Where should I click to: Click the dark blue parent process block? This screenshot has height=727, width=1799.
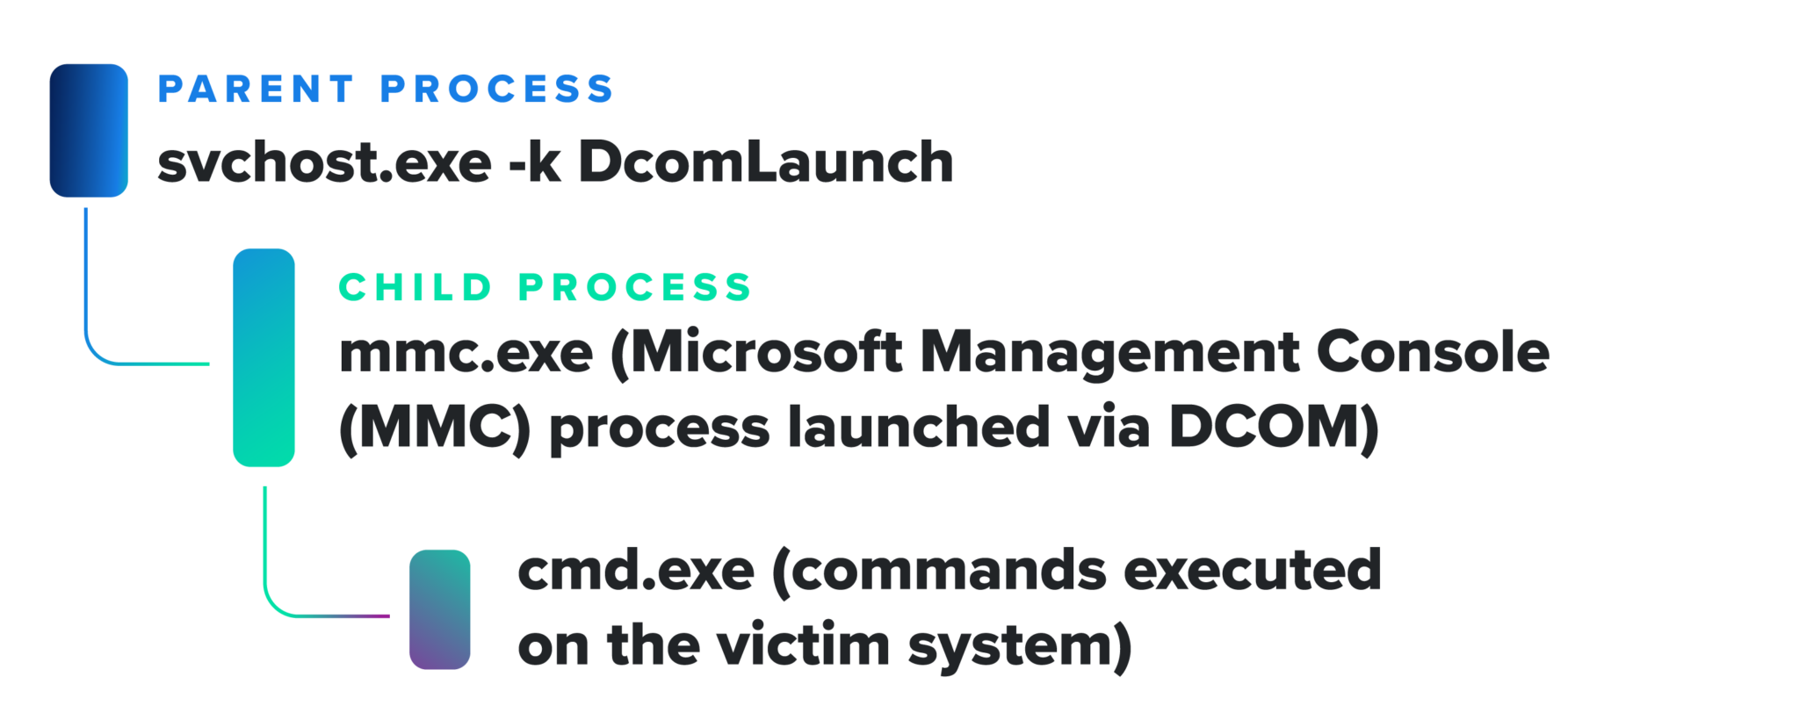click(89, 130)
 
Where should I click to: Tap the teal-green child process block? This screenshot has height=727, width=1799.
click(264, 357)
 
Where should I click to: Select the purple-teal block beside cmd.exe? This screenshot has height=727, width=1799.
click(440, 609)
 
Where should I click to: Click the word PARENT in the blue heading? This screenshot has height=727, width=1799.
click(256, 90)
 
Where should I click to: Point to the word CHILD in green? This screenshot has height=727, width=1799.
click(415, 287)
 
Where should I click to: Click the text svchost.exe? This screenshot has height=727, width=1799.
click(324, 163)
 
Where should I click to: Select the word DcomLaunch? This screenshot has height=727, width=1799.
click(766, 162)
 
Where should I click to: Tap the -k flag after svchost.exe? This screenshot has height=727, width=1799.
click(535, 163)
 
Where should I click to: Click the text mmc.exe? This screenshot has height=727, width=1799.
click(466, 353)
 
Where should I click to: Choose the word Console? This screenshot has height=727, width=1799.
click(1434, 352)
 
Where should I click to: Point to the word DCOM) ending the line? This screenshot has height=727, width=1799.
click(1274, 429)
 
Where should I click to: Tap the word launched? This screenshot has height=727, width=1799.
click(919, 428)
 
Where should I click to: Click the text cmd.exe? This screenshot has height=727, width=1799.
click(636, 571)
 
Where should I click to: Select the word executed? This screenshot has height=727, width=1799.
click(1253, 571)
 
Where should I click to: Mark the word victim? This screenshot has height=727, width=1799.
click(804, 645)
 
